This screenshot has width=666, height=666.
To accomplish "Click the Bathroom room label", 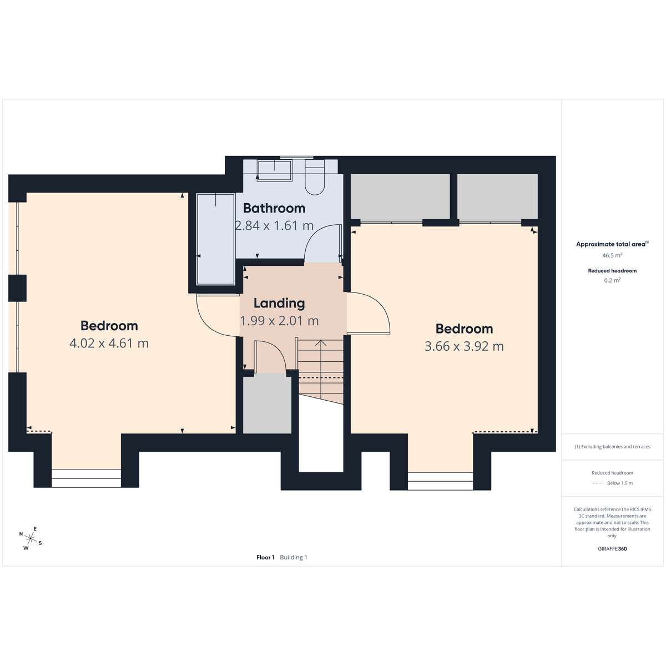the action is click(x=274, y=208).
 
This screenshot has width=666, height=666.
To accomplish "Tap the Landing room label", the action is click(x=279, y=303).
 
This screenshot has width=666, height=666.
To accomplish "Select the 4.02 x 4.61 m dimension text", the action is click(x=109, y=343).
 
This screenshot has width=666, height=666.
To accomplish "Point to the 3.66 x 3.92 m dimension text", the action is click(x=464, y=346).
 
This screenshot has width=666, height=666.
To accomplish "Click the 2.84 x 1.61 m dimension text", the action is click(x=274, y=226).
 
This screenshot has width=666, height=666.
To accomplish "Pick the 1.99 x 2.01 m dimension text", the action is click(x=279, y=321).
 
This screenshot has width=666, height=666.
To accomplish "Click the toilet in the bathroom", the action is click(x=315, y=178).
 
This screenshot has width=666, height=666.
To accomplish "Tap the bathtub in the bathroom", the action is click(x=216, y=239).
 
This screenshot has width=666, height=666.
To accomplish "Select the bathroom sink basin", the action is click(x=274, y=170).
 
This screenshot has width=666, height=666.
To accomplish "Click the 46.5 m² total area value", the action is click(x=612, y=255).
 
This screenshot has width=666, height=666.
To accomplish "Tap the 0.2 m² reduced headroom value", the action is click(x=612, y=280).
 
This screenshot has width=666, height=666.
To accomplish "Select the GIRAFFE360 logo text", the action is click(x=612, y=548).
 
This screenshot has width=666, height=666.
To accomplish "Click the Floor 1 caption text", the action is click(x=265, y=557).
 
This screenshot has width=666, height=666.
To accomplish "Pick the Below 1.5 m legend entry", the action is click(x=620, y=483).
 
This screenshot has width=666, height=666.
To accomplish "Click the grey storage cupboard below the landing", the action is click(x=267, y=405).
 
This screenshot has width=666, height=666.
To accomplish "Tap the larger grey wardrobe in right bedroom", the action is click(x=400, y=196).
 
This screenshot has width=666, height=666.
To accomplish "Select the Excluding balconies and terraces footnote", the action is click(x=612, y=447).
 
